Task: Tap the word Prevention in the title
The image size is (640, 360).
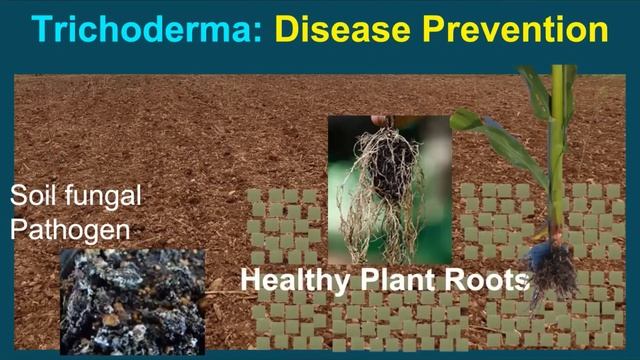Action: click(x=520, y=30)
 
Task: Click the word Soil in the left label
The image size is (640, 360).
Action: click(x=31, y=195)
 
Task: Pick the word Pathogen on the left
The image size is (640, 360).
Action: click(x=70, y=229)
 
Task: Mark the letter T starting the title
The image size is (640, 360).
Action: click(x=44, y=30)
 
